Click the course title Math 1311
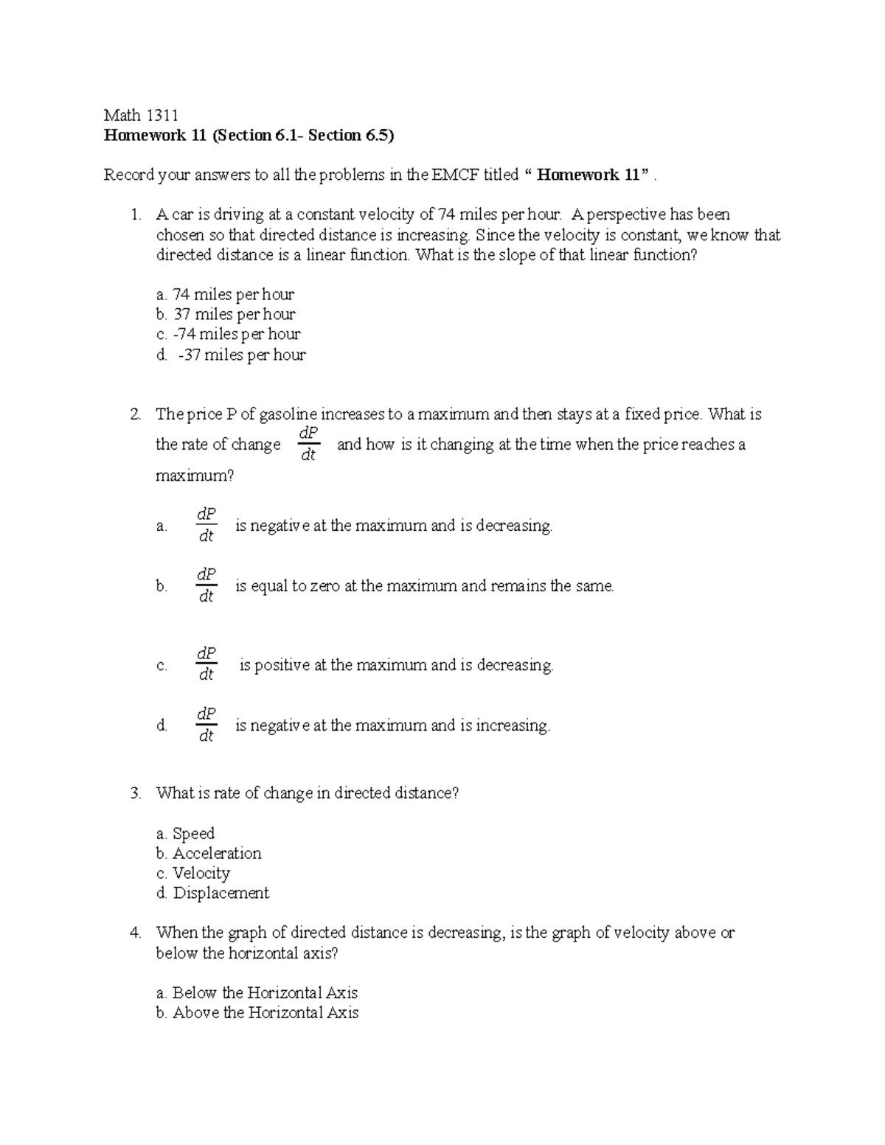pyautogui.click(x=141, y=115)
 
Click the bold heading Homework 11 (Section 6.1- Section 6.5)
pyautogui.click(x=249, y=136)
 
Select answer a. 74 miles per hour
pyautogui.click(x=225, y=295)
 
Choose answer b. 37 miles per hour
pyautogui.click(x=226, y=315)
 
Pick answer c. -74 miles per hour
pyautogui.click(x=228, y=335)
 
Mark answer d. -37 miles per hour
pyautogui.click(x=231, y=355)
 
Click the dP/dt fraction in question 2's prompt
pyautogui.click(x=308, y=445)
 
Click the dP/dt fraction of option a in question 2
pyautogui.click(x=206, y=526)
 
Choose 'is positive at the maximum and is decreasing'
pyautogui.click(x=396, y=665)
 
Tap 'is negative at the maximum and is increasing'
pyautogui.click(x=392, y=725)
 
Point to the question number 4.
pyautogui.click(x=134, y=933)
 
